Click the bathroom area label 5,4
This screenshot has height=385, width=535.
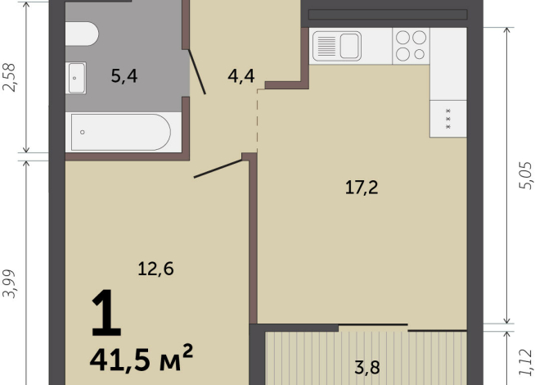click(x=124, y=76)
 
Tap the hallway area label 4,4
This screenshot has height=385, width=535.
click(x=241, y=76)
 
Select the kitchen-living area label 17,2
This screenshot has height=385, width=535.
click(x=362, y=188)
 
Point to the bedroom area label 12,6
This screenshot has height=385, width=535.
click(x=155, y=269)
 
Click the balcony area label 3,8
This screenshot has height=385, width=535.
click(x=367, y=368)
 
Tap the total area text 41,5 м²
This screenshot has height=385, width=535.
click(x=142, y=358)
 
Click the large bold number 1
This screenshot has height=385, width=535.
click(x=106, y=313)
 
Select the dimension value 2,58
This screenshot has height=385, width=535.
click(x=9, y=78)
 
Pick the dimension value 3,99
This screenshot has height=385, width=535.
click(x=9, y=284)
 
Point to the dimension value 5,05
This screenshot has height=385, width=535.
click(x=525, y=175)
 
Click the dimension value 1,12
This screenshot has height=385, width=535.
click(x=525, y=362)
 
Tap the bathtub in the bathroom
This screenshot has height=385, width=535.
click(x=121, y=133)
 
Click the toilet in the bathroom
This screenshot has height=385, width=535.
click(x=82, y=34)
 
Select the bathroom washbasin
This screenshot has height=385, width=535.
click(x=76, y=78)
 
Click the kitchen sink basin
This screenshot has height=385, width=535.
click(x=350, y=46)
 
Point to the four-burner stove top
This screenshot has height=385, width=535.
click(x=411, y=46)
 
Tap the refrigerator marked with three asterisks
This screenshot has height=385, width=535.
click(x=448, y=119)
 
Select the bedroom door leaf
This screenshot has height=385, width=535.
click(x=218, y=169)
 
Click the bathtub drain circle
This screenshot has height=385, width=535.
click(x=83, y=132)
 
